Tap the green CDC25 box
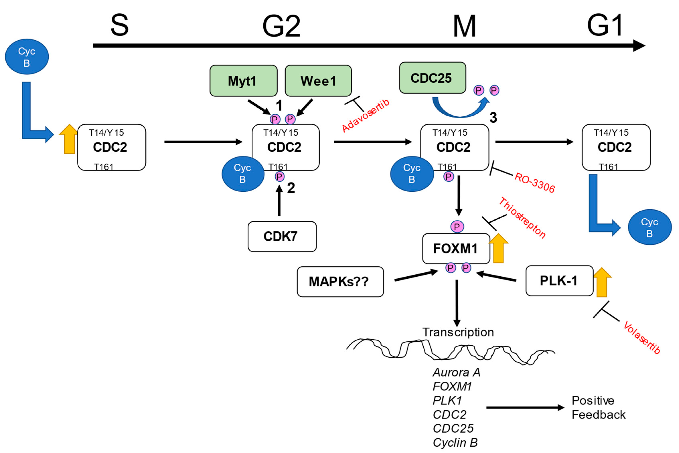point(432,78)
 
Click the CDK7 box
point(282,236)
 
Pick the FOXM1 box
point(456,248)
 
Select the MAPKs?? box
point(340,281)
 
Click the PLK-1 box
point(559,280)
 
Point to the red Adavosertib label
point(365,116)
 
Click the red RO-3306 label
point(535,183)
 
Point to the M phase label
point(464,27)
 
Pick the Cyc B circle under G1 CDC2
point(650,227)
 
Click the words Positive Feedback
point(598,407)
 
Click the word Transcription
point(458,332)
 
